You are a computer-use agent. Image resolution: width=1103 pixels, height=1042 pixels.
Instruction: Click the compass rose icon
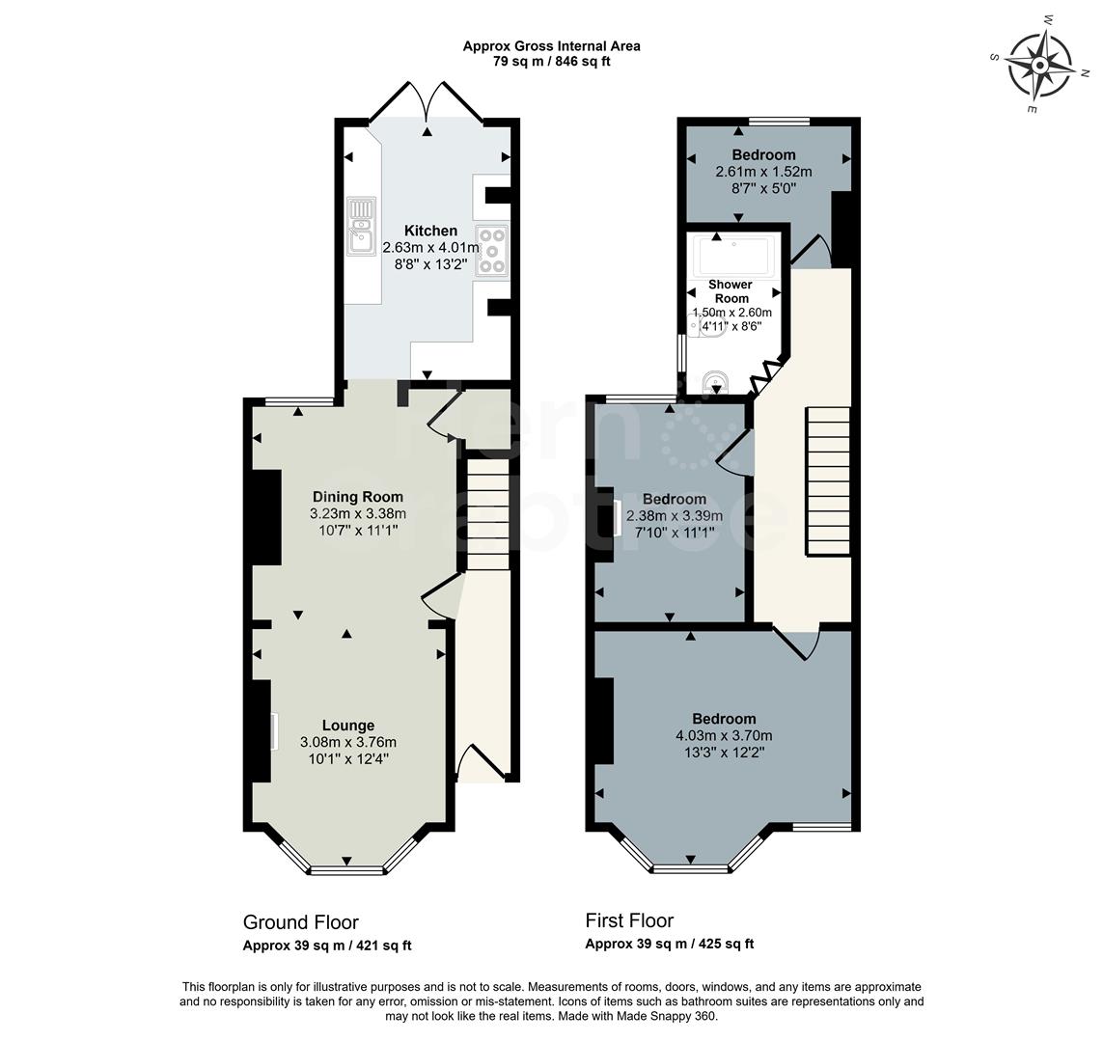click(1040, 66)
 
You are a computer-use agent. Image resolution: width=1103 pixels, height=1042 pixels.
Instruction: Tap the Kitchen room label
click(430, 231)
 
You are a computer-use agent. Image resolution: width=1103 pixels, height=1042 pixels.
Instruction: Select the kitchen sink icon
click(362, 225)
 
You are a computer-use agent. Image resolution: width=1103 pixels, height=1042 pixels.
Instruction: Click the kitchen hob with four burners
click(492, 248)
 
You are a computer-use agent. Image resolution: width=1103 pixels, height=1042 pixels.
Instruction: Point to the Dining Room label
click(357, 497)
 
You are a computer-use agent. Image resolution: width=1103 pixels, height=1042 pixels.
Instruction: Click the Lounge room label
click(348, 726)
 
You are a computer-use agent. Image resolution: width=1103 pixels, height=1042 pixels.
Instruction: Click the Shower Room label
click(731, 291)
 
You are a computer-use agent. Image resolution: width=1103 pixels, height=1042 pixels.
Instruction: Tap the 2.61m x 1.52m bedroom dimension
click(763, 173)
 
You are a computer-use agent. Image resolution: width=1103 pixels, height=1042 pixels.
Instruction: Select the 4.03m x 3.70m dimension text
click(724, 735)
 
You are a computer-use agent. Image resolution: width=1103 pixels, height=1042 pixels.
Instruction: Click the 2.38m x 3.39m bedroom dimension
click(675, 516)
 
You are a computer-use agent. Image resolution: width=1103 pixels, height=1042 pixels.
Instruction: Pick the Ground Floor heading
click(301, 922)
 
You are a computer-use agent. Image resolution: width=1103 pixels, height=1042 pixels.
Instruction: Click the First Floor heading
click(629, 920)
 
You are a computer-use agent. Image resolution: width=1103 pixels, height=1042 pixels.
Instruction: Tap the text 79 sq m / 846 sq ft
click(551, 61)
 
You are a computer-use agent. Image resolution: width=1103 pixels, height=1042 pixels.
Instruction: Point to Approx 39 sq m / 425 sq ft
click(669, 945)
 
